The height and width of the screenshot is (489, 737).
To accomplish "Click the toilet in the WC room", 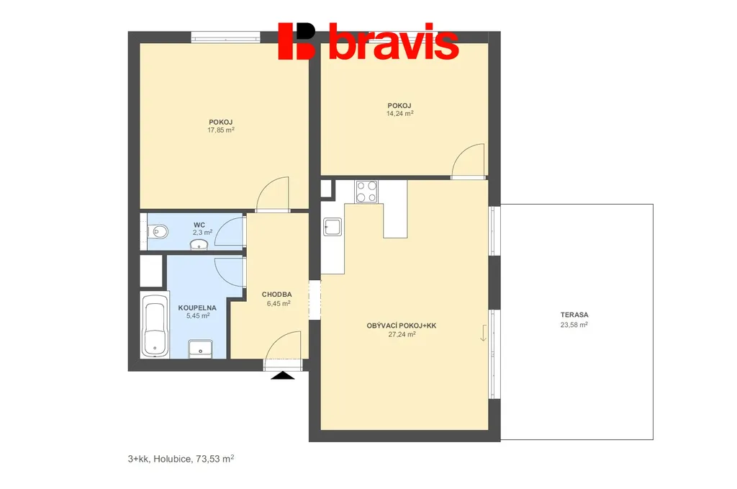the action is coord(158,231).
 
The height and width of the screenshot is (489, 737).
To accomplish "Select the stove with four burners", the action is coord(366,192).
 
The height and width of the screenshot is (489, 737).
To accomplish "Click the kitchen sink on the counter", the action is coord(333,227).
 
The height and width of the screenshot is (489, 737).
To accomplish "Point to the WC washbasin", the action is coord(199,244).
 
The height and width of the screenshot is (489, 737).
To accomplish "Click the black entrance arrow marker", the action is coord(282,375).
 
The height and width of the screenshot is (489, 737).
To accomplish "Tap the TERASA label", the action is coord(574,315).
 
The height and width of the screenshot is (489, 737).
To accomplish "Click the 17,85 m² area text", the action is coord(221,130).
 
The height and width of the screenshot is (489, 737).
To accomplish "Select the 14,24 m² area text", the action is coord(400,113).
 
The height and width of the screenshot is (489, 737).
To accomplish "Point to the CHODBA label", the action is coord(277,295).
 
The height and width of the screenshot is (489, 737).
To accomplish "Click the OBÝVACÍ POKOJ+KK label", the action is coord(402,326).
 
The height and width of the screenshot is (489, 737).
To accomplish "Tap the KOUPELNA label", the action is coord(197,308).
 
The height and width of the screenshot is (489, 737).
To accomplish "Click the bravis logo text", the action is coord(393,42).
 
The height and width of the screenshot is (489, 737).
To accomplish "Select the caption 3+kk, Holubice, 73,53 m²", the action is coord(181,459).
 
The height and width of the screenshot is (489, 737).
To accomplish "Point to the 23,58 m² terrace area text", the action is coord(574,325).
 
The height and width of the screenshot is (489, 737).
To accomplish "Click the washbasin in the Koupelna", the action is coord(200,349).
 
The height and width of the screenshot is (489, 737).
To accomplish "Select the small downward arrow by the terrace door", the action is coord(483,333).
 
